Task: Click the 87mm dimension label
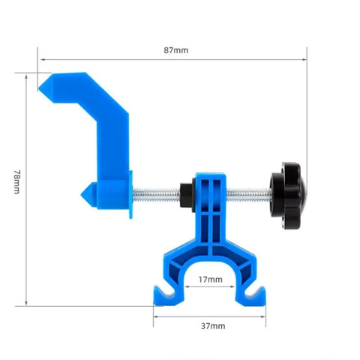[176, 50]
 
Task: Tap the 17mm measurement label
[210, 279]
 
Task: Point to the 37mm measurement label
[213, 326]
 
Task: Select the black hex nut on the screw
[184, 194]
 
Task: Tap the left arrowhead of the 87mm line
[40, 58]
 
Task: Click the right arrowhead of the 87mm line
[305, 58]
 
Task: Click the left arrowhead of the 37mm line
[155, 315]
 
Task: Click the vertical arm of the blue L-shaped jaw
[112, 142]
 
